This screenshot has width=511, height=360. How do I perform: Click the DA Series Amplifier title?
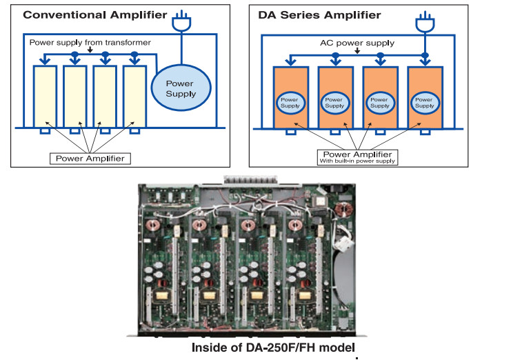click(319, 14)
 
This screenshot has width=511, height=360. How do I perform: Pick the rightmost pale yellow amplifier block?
click(134, 97)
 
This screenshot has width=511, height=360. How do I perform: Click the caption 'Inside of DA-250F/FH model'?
click(274, 347)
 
